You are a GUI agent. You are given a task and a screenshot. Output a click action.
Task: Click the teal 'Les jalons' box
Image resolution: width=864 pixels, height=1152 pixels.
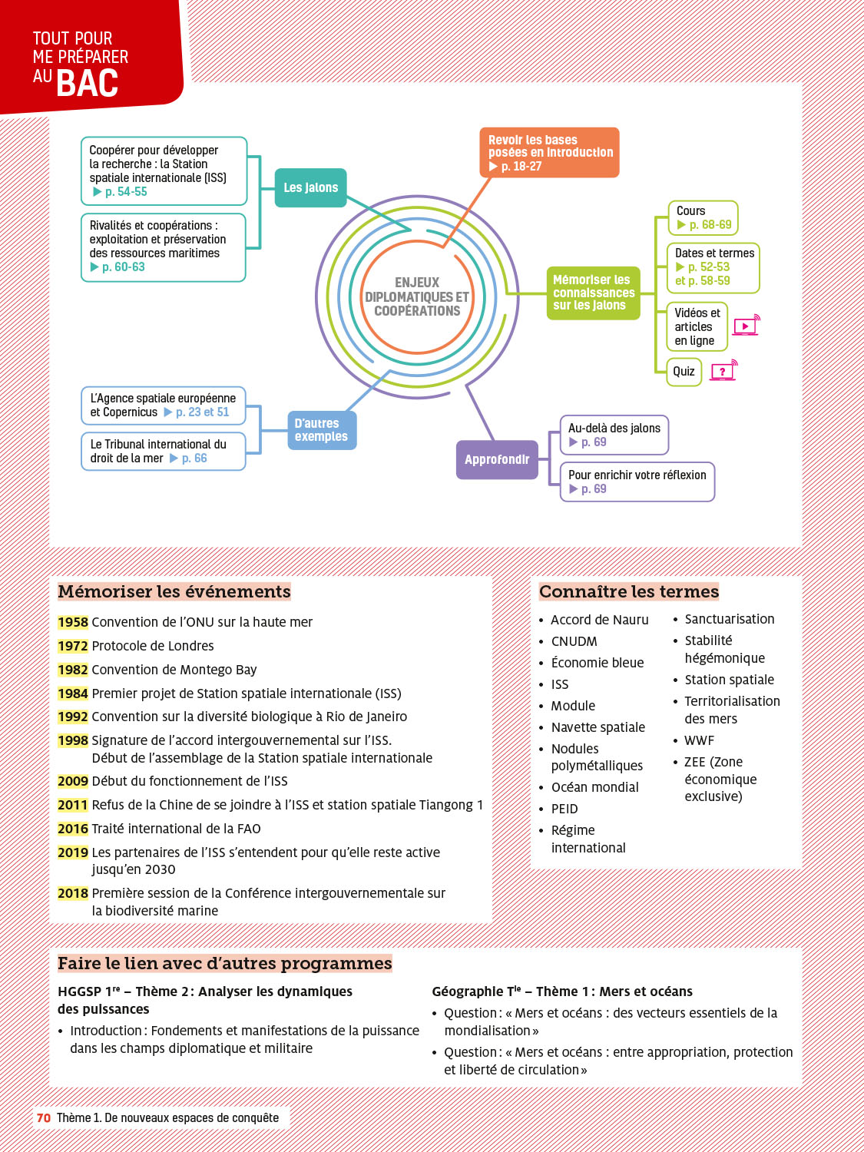310,187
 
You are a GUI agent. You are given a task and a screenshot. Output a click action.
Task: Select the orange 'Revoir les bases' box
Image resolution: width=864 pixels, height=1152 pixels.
549,153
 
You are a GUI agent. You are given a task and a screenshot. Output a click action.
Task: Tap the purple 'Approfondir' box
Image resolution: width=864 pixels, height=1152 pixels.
497,459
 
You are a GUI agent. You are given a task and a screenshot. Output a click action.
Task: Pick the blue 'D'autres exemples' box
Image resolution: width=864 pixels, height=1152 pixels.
321,430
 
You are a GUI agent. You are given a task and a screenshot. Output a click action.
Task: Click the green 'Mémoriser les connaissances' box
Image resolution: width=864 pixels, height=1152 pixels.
593,293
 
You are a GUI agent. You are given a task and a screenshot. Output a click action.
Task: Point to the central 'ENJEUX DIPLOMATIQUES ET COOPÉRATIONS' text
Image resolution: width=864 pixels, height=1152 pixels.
417,297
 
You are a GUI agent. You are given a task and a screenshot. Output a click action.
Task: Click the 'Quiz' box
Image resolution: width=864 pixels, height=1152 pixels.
684,372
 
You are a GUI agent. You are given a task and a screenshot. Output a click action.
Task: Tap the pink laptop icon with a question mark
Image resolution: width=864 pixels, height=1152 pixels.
723,371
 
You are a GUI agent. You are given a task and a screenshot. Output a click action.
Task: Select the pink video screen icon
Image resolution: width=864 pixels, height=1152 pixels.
746,326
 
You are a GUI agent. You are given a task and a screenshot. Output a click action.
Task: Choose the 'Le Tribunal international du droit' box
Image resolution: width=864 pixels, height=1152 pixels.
163,451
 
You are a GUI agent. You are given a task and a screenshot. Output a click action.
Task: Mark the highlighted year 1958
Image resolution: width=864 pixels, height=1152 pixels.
73,622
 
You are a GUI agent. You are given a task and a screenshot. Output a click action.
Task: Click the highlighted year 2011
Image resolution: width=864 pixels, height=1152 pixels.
73,805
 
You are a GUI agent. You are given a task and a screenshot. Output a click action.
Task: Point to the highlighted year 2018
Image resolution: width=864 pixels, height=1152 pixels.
73,893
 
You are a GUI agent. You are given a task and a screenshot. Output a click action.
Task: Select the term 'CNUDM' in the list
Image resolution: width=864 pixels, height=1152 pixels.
574,641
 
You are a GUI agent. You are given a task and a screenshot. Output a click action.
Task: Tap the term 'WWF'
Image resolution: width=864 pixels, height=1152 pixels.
699,740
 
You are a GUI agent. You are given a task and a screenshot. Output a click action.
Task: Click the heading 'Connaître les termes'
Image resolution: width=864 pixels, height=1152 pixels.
629,591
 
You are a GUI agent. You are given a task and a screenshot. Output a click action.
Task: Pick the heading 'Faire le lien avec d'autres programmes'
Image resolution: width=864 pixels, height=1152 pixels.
224,963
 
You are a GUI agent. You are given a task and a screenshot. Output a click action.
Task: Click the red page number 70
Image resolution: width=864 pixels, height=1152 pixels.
44,1117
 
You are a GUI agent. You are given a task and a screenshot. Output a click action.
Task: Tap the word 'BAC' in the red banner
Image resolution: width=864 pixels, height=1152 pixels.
88,83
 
